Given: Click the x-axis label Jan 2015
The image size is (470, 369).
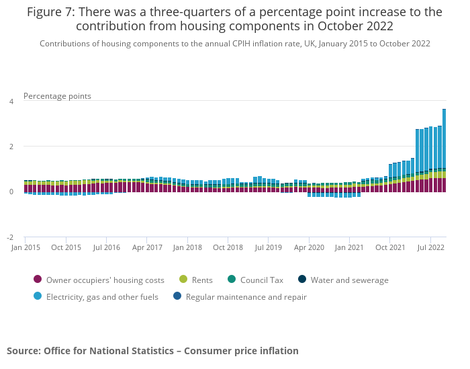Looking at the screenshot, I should pyautogui.click(x=25, y=247).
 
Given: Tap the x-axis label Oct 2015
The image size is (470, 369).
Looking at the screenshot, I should pyautogui.click(x=66, y=247).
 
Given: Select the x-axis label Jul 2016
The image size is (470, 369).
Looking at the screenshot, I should pyautogui.click(x=106, y=247).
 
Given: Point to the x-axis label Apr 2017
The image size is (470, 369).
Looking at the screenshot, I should pyautogui.click(x=147, y=247).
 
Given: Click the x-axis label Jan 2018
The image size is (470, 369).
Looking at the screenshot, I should pyautogui.click(x=187, y=247).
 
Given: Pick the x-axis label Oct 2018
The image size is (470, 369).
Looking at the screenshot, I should pyautogui.click(x=228, y=247).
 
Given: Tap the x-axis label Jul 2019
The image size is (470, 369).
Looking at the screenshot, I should pyautogui.click(x=269, y=247).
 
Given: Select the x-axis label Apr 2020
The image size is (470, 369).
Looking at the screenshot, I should pyautogui.click(x=310, y=247).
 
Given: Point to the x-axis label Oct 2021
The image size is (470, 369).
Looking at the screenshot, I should pyautogui.click(x=390, y=247).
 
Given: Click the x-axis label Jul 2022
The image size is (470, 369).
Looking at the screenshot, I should pyautogui.click(x=430, y=247).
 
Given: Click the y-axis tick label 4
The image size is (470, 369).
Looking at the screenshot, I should pyautogui.click(x=11, y=101).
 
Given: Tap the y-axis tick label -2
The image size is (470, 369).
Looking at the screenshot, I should pyautogui.click(x=10, y=237).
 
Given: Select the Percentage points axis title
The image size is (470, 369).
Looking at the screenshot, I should pyautogui.click(x=57, y=96).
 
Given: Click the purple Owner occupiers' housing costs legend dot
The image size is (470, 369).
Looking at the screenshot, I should pyautogui.click(x=38, y=280).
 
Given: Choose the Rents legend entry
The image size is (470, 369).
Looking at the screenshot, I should pyautogui.click(x=201, y=280).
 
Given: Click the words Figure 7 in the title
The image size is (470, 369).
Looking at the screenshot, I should pyautogui.click(x=51, y=12).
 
